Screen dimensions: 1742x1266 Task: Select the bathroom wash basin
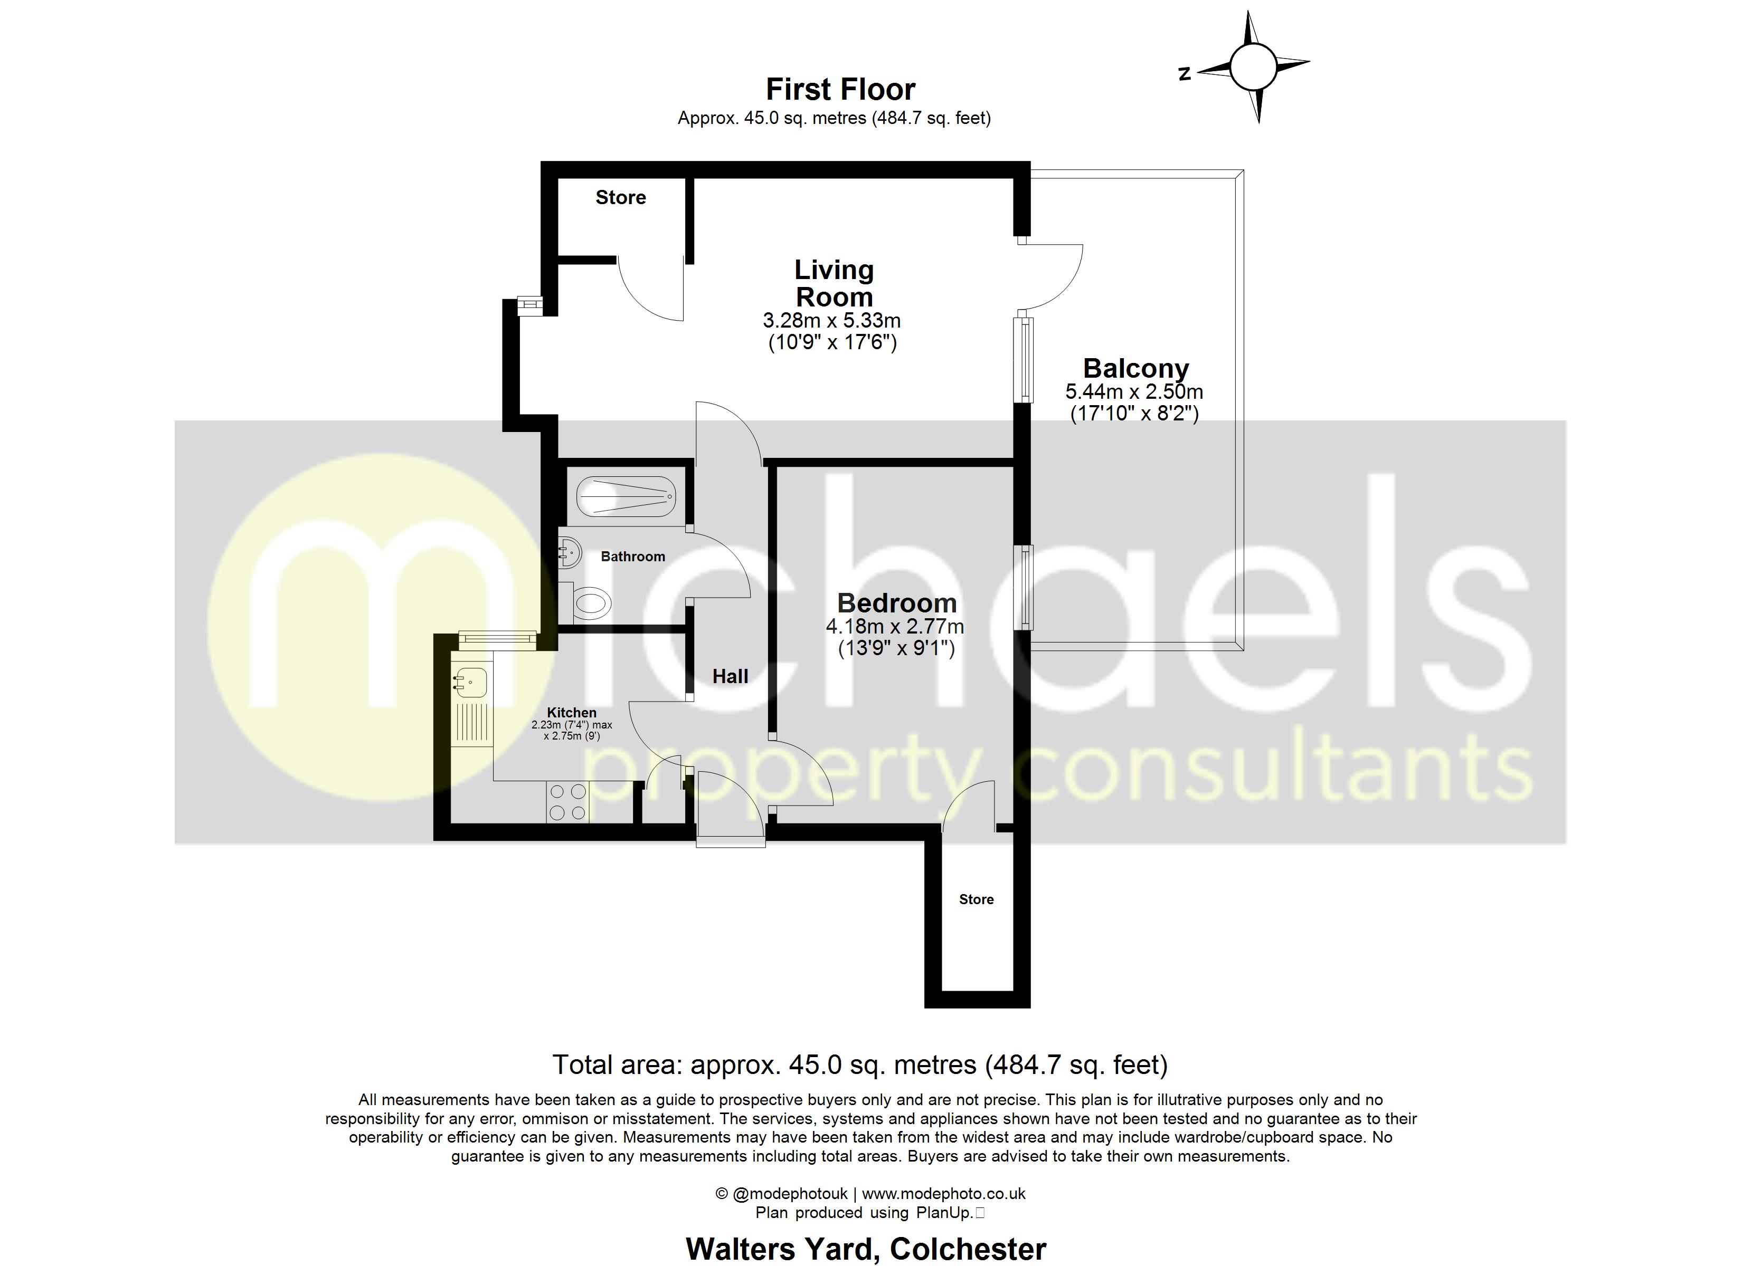(569, 551)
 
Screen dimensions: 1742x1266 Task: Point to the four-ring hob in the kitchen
(567, 801)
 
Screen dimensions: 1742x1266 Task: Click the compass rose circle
(1253, 67)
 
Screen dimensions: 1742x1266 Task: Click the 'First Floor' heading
(840, 90)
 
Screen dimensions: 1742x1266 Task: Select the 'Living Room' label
(834, 283)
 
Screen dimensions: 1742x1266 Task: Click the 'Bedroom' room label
(896, 603)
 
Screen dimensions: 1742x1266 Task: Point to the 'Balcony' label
(1135, 369)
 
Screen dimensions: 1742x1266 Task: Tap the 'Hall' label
(730, 676)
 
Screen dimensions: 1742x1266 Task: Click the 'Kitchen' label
(572, 713)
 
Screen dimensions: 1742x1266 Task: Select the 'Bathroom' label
(633, 557)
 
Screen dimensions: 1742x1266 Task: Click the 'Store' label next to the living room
(621, 197)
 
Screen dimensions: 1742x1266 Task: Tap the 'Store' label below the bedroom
(976, 899)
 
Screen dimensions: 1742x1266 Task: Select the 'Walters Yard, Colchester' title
(866, 1249)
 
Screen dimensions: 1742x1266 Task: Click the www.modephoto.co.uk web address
(943, 1194)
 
